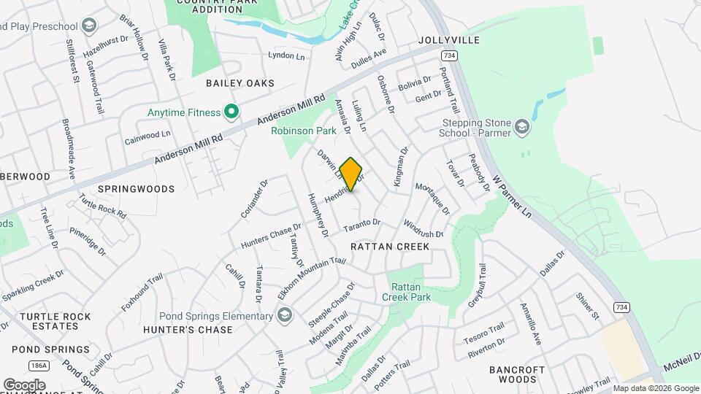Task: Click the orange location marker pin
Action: tap(351, 174)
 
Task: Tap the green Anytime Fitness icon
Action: tap(231, 112)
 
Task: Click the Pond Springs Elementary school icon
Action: tap(284, 315)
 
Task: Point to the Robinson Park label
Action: tap(303, 131)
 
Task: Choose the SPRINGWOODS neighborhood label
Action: tap(137, 189)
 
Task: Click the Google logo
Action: tap(24, 385)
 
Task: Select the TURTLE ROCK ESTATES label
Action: tap(55, 322)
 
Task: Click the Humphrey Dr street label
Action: tap(320, 217)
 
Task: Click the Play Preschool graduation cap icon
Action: tap(89, 27)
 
